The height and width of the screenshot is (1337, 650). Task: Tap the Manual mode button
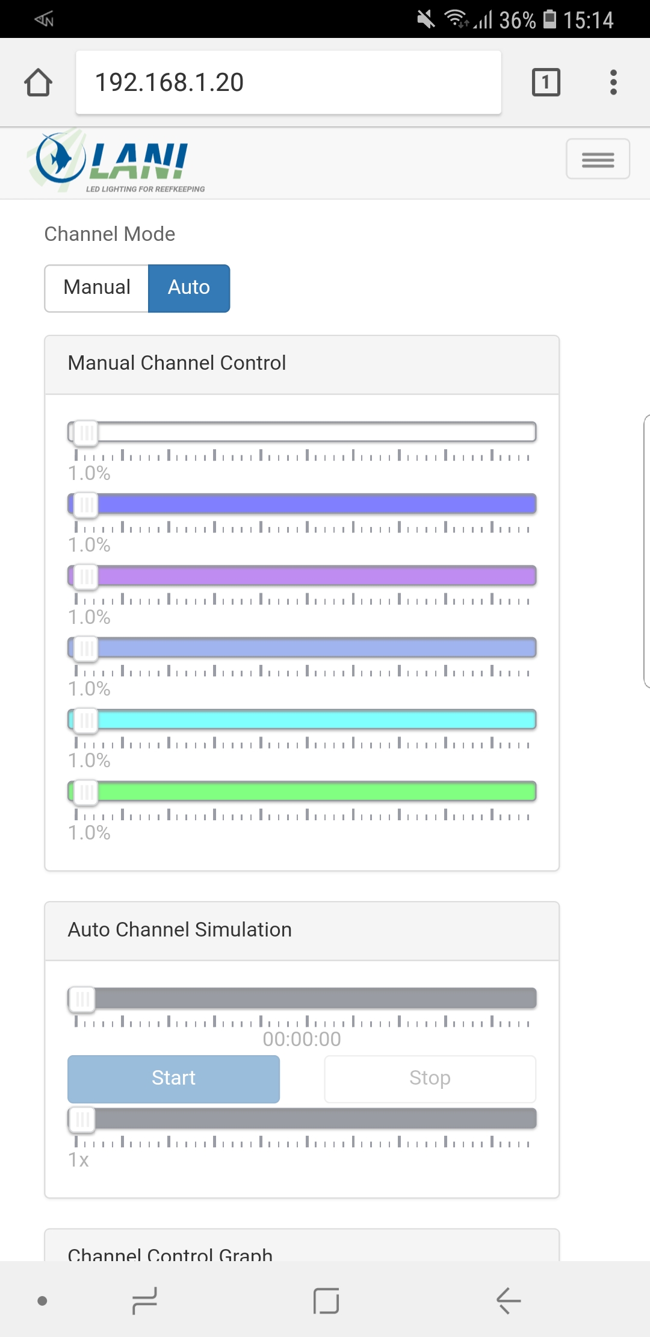97,288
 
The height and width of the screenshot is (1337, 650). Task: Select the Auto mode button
189,288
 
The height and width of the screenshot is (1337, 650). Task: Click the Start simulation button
173,1079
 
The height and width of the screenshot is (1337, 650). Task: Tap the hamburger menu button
598,160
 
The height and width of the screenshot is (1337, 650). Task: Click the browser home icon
39,83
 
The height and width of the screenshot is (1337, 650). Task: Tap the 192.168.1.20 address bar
288,83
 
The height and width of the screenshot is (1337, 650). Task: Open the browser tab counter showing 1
546,83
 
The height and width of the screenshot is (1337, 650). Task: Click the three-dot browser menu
613,83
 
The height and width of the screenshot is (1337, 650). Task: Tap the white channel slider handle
85,432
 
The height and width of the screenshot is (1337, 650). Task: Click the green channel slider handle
85,792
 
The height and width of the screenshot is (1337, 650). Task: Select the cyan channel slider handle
85,720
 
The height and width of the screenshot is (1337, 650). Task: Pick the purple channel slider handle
85,576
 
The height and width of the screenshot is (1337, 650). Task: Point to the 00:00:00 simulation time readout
302,1039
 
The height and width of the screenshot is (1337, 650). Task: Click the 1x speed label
79,1160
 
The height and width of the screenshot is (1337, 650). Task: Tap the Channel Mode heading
110,234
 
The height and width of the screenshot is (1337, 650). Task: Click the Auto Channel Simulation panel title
179,930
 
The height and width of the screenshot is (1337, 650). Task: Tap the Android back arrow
509,1301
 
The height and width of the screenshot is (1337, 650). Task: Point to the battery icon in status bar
549,19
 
